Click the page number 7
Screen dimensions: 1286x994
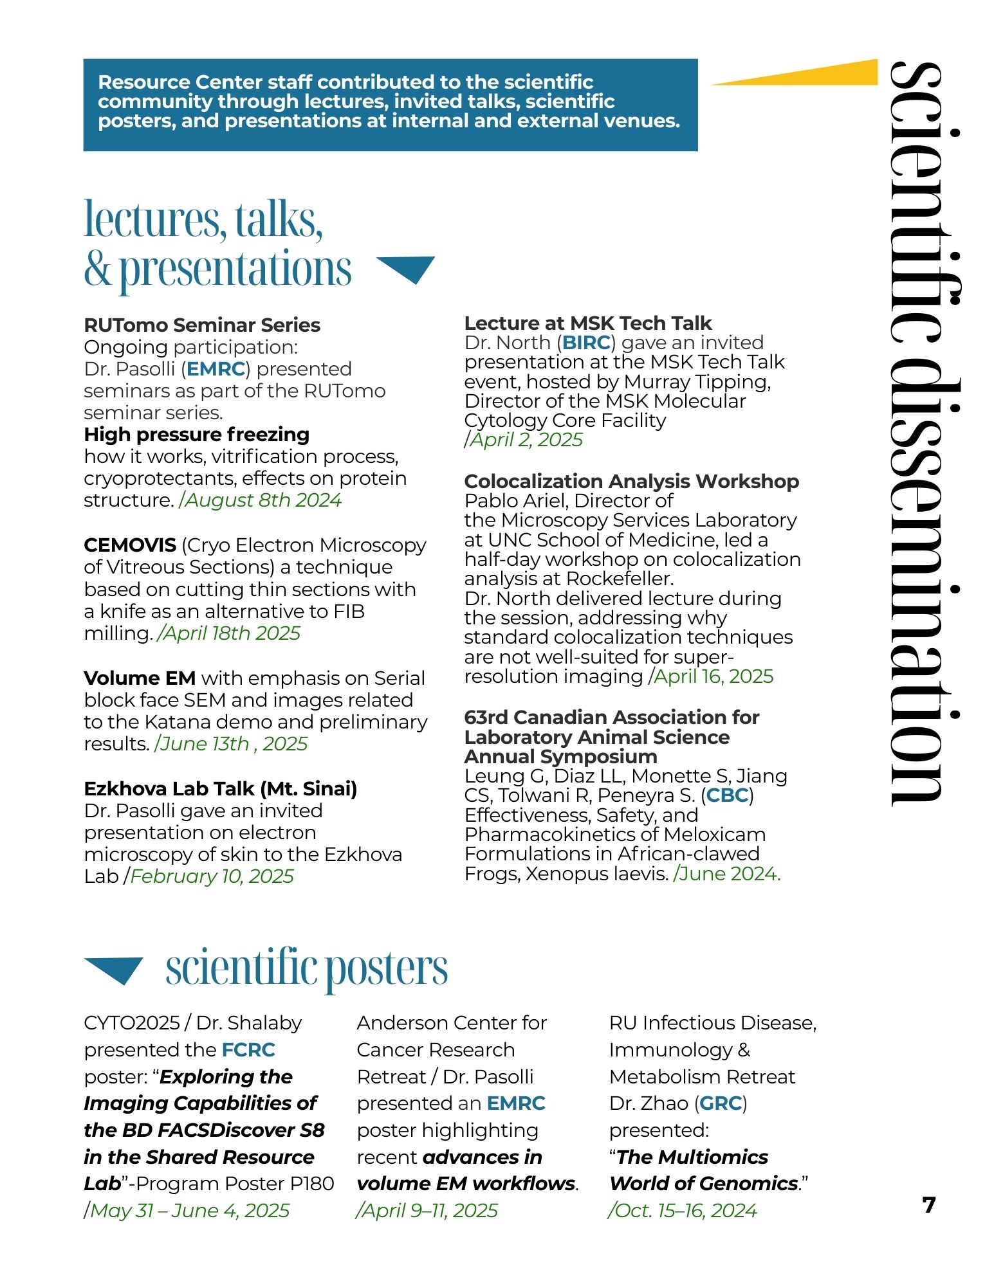coord(928,1204)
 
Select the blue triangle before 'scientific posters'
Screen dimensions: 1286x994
coord(114,969)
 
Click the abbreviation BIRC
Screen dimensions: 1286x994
coord(586,343)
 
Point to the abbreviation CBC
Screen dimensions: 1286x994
coord(727,795)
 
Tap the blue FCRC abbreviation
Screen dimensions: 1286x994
coord(248,1049)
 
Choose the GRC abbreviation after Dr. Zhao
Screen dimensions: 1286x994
coord(721,1103)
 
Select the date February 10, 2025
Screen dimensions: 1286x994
coord(212,876)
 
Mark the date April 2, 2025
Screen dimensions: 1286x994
coord(526,440)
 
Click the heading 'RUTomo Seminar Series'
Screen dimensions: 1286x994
coord(202,325)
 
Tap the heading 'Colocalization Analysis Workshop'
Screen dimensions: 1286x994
coord(631,481)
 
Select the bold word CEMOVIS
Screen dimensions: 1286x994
coord(130,545)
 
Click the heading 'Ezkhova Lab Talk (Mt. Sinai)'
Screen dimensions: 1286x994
coord(220,788)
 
